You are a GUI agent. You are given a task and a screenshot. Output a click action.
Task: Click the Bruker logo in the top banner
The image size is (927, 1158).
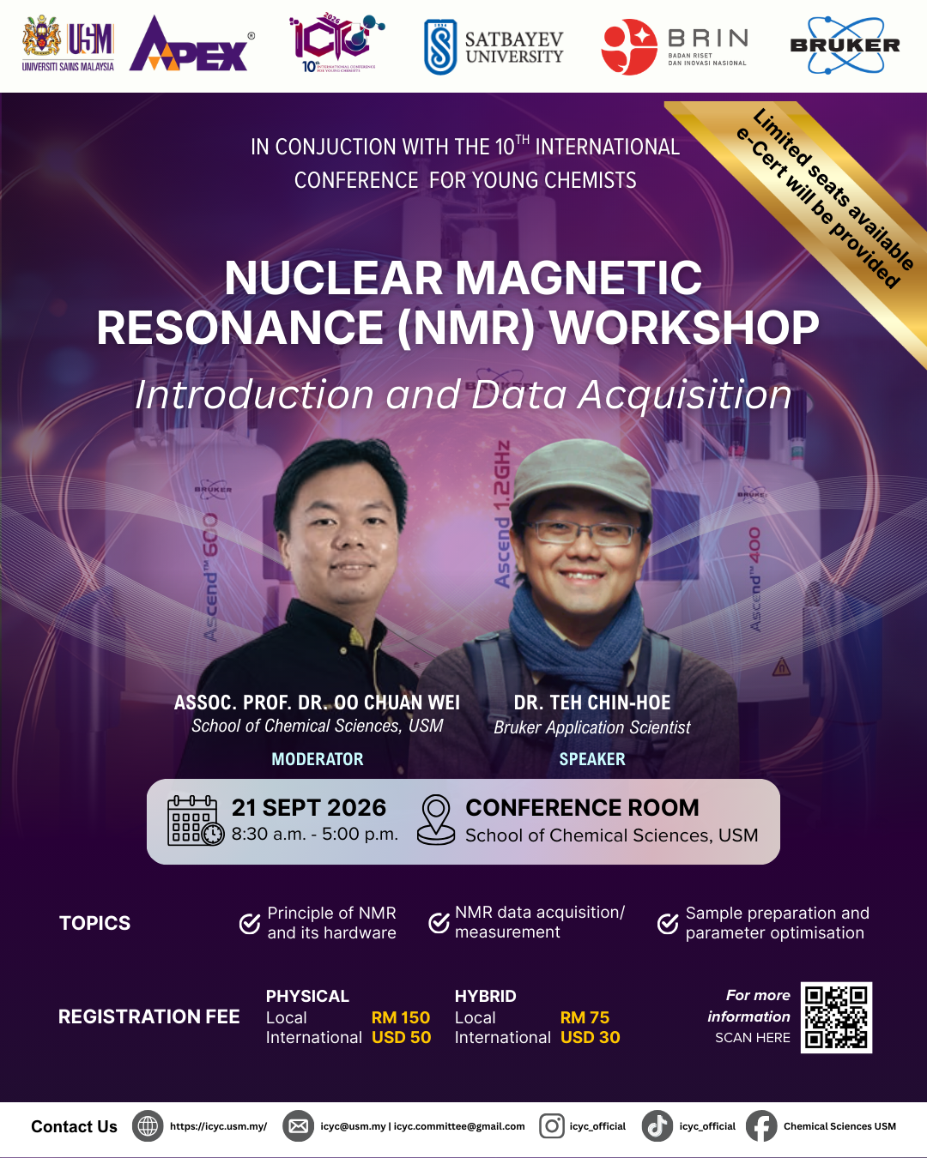[x=845, y=45]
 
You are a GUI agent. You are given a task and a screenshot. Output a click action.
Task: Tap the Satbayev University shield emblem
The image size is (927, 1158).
[x=440, y=47]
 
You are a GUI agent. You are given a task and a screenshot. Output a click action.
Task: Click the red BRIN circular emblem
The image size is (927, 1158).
[x=629, y=47]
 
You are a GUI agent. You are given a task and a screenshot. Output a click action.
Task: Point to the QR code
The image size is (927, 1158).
[x=836, y=1017]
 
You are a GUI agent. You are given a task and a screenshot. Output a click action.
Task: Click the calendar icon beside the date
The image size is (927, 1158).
[x=196, y=820]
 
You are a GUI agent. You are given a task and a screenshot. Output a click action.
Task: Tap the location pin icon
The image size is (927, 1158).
[x=436, y=819]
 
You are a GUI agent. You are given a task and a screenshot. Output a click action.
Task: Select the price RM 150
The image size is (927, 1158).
[x=400, y=1017]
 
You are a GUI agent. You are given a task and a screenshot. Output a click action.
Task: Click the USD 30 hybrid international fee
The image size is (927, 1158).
[x=590, y=1037]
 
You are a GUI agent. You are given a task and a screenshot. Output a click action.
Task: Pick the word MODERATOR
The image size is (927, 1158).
[x=318, y=759]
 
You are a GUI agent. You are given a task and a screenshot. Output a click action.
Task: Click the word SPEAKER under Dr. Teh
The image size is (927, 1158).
[x=592, y=759]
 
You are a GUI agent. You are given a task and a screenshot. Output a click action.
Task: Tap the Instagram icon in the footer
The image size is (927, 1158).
[x=552, y=1125]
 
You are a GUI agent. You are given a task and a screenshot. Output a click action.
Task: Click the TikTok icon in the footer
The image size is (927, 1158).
[x=657, y=1125]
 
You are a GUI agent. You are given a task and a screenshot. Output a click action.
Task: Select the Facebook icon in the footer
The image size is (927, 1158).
[x=761, y=1125]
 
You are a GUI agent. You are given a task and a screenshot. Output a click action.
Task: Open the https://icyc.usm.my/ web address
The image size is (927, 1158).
[x=218, y=1126]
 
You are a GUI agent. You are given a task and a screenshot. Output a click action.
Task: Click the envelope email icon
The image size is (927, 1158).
[x=298, y=1125]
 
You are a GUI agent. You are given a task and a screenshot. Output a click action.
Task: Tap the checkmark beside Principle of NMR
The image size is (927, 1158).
[x=250, y=923]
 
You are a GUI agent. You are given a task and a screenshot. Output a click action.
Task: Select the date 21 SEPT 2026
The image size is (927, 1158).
[x=309, y=807]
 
